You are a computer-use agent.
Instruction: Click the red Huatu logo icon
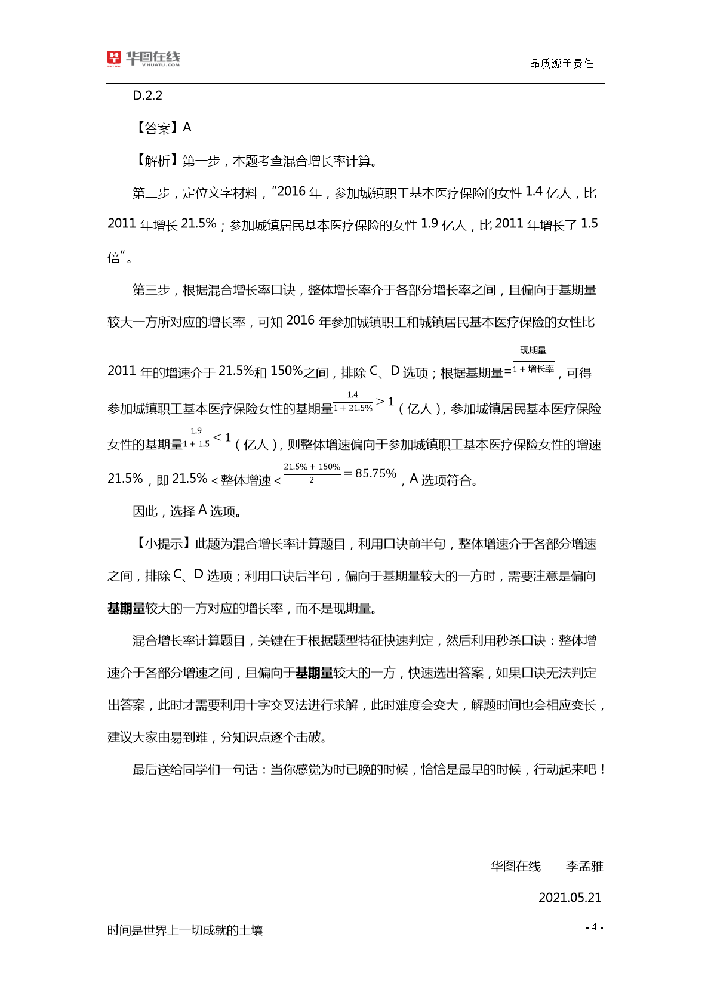click(114, 58)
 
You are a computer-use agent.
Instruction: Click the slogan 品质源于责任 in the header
click(562, 64)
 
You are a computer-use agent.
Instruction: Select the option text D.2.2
click(147, 95)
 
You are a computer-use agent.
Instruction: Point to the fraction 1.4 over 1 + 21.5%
click(353, 402)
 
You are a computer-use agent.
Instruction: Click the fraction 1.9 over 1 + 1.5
click(196, 437)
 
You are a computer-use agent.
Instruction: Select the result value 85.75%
click(375, 473)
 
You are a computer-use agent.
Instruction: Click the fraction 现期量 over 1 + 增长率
click(533, 360)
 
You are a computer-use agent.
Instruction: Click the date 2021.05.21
click(570, 898)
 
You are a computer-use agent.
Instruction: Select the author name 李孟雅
click(584, 866)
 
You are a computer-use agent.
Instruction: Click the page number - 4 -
click(594, 927)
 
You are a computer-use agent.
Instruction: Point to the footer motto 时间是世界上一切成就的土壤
click(185, 930)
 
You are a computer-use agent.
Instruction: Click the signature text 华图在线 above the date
click(516, 866)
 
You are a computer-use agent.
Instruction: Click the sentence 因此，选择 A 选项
click(186, 511)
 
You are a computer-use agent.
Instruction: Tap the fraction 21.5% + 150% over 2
click(312, 473)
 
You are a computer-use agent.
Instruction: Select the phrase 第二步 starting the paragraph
click(150, 193)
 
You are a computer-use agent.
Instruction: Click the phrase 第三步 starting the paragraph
click(150, 290)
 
